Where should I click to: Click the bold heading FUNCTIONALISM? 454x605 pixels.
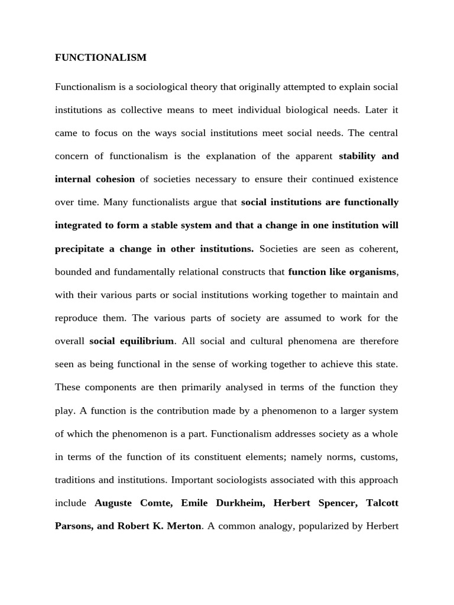click(x=100, y=57)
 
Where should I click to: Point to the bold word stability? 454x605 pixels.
click(x=358, y=156)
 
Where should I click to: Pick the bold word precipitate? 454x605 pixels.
click(x=79, y=249)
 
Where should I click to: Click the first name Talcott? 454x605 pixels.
click(x=382, y=503)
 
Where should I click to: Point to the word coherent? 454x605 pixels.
click(x=378, y=249)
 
